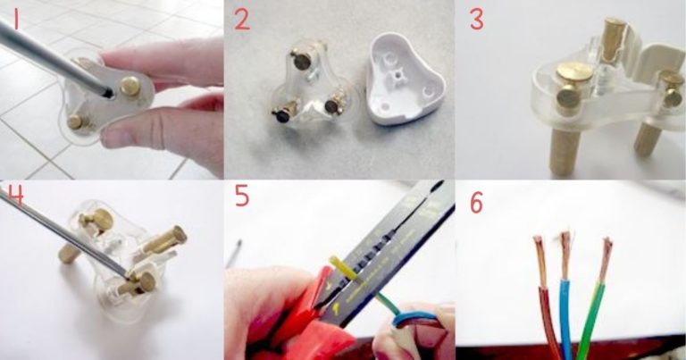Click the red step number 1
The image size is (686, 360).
coord(16,20)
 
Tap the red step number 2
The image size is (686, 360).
coord(242,20)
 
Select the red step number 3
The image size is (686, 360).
coord(477,20)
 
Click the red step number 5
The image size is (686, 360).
coord(242,196)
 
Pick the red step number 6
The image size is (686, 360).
coord(477,203)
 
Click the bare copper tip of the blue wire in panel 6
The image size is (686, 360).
coord(565,255)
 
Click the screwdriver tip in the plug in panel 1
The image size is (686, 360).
coord(106,92)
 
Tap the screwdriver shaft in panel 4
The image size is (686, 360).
coord(65,232)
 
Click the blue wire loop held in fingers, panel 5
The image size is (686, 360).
coord(414,318)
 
